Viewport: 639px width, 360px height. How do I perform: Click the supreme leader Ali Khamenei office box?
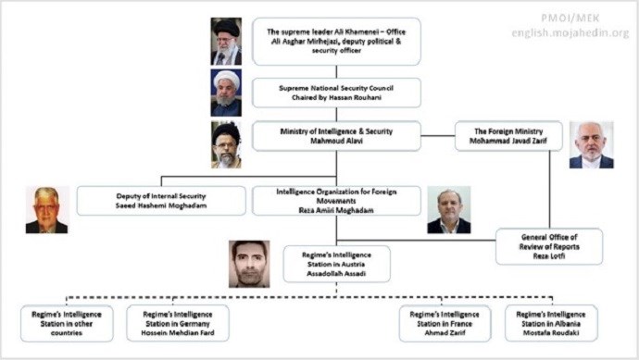(x=336, y=42)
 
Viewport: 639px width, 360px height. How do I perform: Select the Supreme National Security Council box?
(x=336, y=93)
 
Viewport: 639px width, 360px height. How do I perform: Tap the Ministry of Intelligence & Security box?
(x=336, y=136)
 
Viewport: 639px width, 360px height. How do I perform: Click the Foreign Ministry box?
(x=508, y=136)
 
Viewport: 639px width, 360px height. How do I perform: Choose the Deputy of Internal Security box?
(x=161, y=201)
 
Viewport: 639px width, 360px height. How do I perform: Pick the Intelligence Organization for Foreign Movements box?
(x=336, y=201)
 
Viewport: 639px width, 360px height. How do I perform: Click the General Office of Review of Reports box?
(x=548, y=246)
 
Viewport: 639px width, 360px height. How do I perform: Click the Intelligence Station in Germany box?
(x=177, y=323)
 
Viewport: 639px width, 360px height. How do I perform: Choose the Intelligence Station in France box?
(x=445, y=323)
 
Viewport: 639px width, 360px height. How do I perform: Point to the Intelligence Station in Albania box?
(x=551, y=323)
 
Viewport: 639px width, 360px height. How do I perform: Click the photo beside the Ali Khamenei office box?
(x=226, y=41)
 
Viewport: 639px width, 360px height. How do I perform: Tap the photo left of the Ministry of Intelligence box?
(x=226, y=144)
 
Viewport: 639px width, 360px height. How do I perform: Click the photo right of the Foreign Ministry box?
(x=591, y=144)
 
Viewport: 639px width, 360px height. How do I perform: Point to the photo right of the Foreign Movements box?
(x=448, y=211)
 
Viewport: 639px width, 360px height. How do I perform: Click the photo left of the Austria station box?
(x=250, y=264)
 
